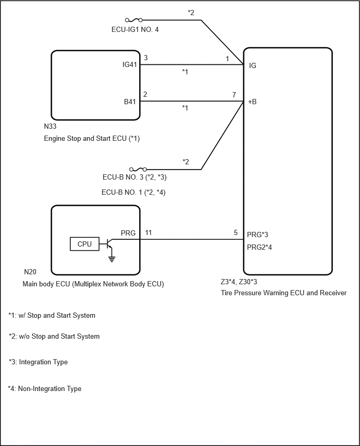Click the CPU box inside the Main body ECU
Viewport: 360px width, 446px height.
point(84,244)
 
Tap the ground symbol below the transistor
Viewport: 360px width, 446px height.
point(112,259)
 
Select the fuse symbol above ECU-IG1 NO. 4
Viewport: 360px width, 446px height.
point(133,20)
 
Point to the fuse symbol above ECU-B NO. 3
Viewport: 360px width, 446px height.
point(138,170)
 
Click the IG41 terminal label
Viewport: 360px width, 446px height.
point(130,64)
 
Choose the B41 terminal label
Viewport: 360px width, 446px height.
point(130,102)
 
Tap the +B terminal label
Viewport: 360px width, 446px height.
point(252,102)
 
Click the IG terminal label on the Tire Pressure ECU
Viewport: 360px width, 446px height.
point(253,65)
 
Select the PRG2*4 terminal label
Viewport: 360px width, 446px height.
point(260,247)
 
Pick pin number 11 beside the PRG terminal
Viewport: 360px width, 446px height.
point(149,232)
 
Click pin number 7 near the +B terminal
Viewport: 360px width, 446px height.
point(234,95)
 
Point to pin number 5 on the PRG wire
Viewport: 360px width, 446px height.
point(236,232)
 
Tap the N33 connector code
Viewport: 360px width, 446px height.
point(50,126)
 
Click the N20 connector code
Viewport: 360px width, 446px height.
point(30,272)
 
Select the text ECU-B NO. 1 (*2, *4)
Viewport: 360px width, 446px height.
point(133,192)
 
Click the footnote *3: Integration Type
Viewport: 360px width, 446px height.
point(38,362)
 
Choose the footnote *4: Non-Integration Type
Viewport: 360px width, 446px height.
point(44,388)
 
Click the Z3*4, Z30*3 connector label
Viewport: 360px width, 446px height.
point(239,282)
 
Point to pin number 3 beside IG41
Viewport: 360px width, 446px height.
point(145,58)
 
